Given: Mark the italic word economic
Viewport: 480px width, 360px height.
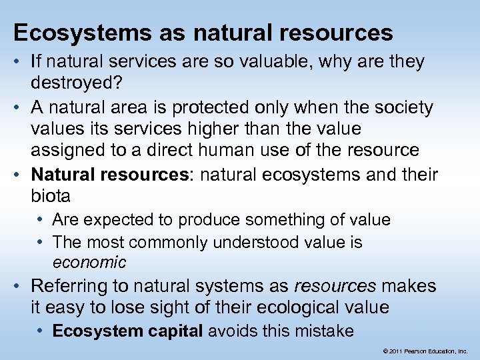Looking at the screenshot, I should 89,263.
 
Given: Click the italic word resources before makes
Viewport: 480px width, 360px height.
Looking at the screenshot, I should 335,287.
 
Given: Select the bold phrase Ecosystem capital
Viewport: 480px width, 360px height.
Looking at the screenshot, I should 127,331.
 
